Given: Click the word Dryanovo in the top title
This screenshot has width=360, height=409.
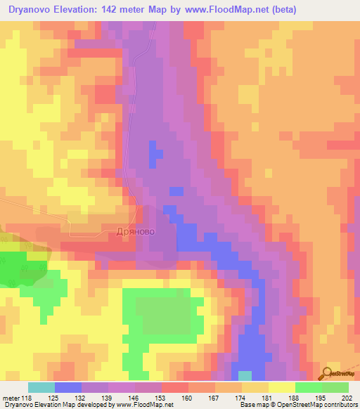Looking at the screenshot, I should click(x=32, y=10).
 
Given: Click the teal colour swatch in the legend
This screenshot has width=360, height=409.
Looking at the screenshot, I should click(x=41, y=387).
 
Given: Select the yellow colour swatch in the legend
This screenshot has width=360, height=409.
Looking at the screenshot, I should click(x=281, y=387).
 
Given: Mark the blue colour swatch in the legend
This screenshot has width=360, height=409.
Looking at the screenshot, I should click(x=68, y=387).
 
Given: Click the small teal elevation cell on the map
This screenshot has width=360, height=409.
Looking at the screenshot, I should click(x=245, y=375).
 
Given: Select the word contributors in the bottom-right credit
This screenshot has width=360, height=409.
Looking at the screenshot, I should click(x=336, y=405).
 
